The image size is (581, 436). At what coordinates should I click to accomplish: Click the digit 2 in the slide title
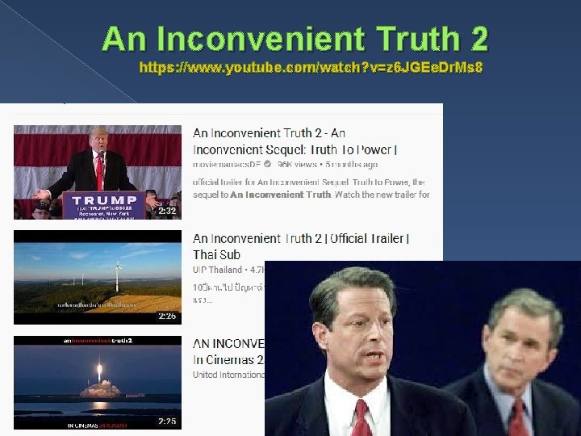475,38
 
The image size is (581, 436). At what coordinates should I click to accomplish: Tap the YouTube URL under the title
311,68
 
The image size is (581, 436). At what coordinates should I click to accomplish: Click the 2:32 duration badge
166,210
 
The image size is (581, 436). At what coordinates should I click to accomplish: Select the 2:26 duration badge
166,316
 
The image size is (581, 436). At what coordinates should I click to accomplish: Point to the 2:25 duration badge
166,421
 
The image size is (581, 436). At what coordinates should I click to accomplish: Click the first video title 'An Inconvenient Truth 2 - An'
269,133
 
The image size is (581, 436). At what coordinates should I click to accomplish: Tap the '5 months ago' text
351,164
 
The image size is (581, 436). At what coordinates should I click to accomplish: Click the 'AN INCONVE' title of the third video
228,344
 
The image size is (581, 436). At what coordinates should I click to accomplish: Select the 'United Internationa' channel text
228,375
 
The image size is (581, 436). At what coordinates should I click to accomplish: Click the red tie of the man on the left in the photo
362,417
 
